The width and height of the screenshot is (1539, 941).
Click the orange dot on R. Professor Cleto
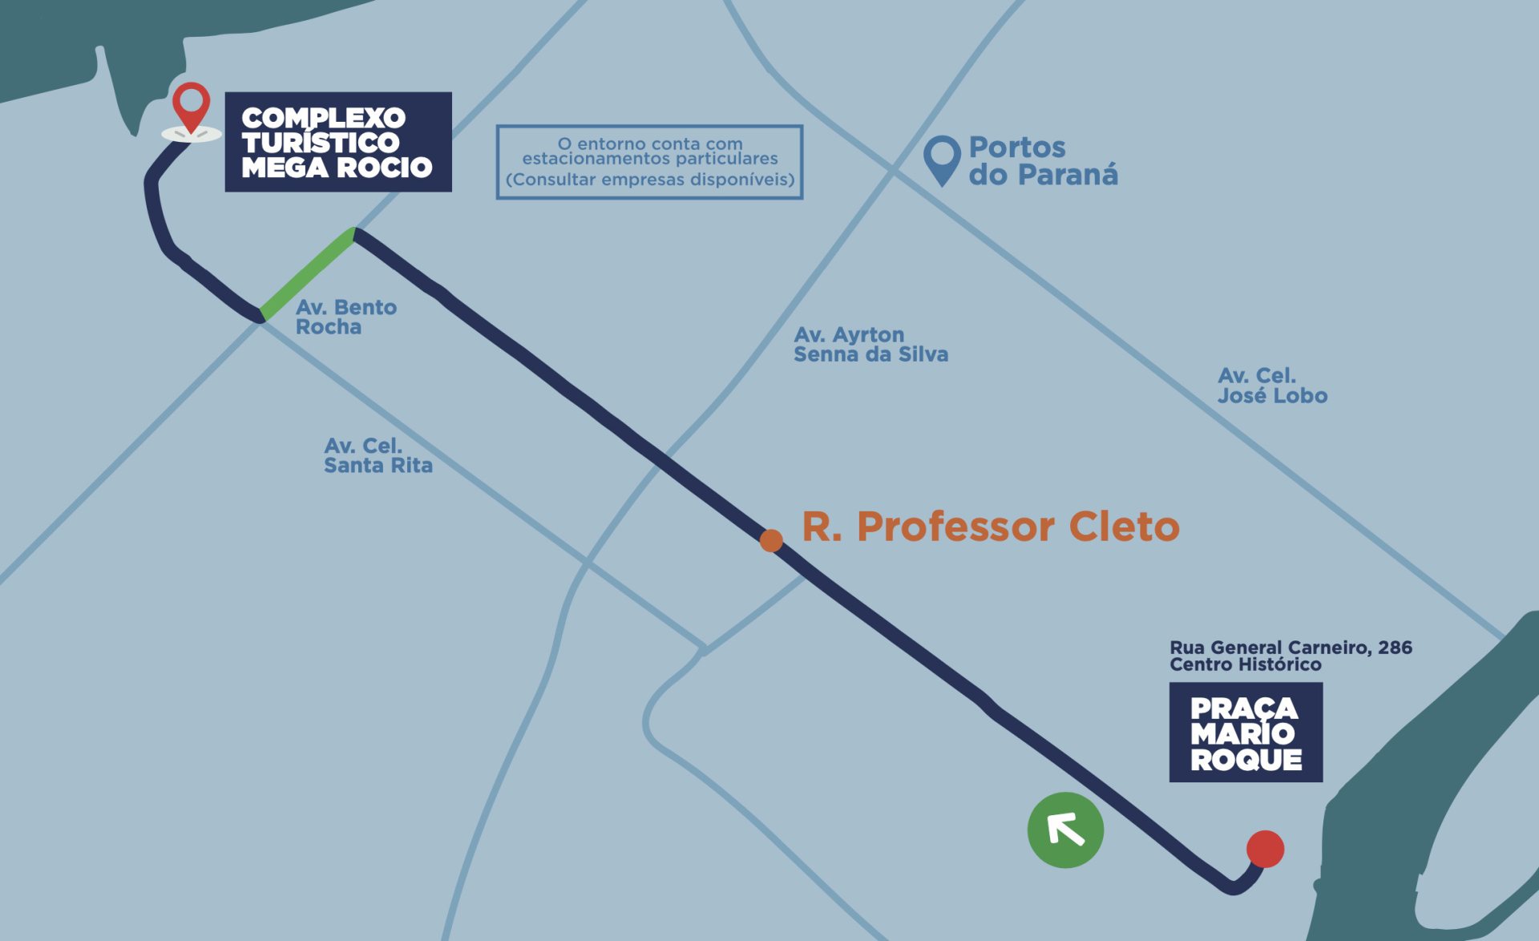point(771,540)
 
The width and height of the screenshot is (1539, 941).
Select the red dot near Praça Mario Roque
point(1265,849)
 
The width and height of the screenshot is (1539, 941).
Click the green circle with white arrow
point(1065,830)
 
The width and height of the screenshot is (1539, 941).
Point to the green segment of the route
point(307,273)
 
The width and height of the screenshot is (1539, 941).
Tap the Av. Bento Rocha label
point(346,317)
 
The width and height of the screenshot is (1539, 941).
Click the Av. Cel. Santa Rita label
point(378,455)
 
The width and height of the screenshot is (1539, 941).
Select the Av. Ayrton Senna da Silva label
point(870,344)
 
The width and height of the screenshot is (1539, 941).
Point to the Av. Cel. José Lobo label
point(1272,386)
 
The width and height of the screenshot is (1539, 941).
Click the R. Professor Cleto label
point(991,527)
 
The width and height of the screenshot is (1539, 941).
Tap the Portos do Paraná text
point(1043,160)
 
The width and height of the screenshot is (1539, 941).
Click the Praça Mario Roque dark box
point(1246,732)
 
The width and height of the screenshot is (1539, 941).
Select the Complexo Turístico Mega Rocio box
point(338,142)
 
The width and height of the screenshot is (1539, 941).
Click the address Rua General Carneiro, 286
point(1291,647)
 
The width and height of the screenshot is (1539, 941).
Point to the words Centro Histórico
point(1245,664)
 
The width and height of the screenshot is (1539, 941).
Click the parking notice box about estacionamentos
point(649,162)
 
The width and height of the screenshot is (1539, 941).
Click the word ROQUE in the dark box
point(1246,760)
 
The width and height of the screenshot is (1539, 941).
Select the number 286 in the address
point(1395,647)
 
